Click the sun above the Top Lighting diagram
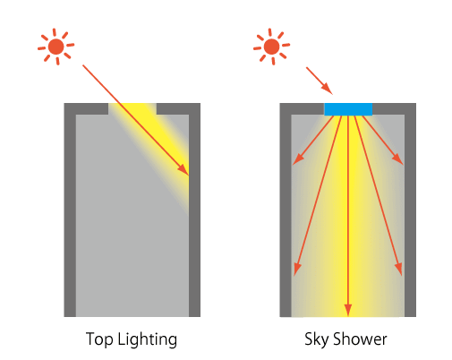pyautogui.click(x=55, y=47)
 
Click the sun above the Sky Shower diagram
pyautogui.click(x=271, y=47)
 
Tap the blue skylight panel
pyautogui.click(x=348, y=109)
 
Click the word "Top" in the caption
pyautogui.click(x=99, y=339)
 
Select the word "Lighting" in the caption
pyautogui.click(x=148, y=339)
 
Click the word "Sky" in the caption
pyautogui.click(x=316, y=339)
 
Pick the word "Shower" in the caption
pyautogui.click(x=360, y=339)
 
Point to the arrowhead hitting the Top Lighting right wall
pyautogui.click(x=183, y=169)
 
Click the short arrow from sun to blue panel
pyautogui.click(x=320, y=81)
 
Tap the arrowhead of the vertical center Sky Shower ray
pyautogui.click(x=348, y=310)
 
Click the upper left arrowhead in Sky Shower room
pyautogui.click(x=298, y=159)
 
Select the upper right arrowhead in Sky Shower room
pyautogui.click(x=398, y=159)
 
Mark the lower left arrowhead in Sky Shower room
pyautogui.click(x=297, y=269)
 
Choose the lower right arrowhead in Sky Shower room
pyautogui.click(x=399, y=269)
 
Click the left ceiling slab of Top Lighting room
pyautogui.click(x=86, y=108)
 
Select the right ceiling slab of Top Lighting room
pyautogui.click(x=178, y=108)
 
